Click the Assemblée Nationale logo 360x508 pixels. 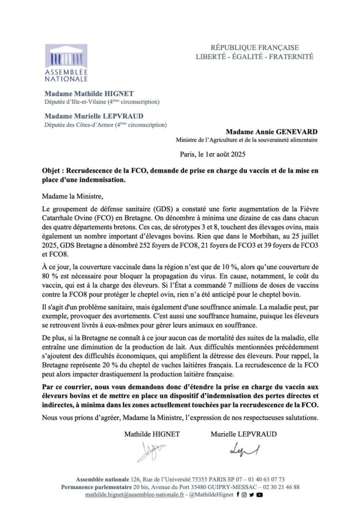coord(66,63)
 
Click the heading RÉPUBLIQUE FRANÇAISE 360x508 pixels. coord(255,48)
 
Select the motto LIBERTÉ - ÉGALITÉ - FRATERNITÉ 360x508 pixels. coord(255,57)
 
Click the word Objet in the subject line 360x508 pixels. coord(53,170)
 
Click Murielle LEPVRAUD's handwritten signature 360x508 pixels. coord(243,449)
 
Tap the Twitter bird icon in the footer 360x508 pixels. coord(252,495)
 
